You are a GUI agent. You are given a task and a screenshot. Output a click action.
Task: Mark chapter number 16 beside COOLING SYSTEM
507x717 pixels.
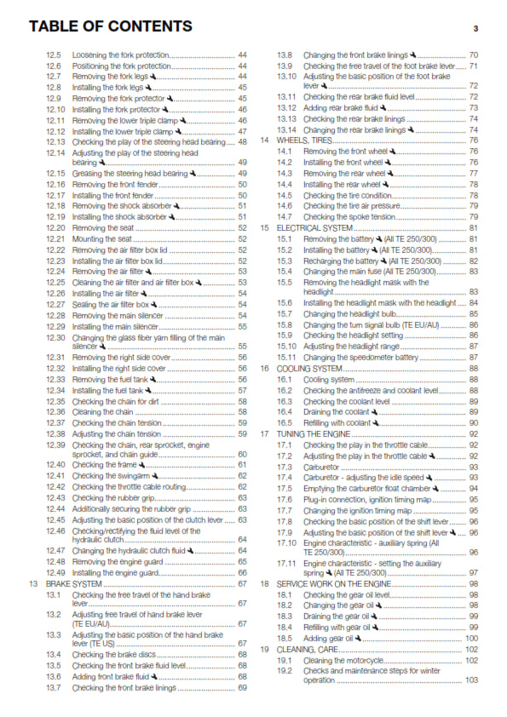click(265, 368)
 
